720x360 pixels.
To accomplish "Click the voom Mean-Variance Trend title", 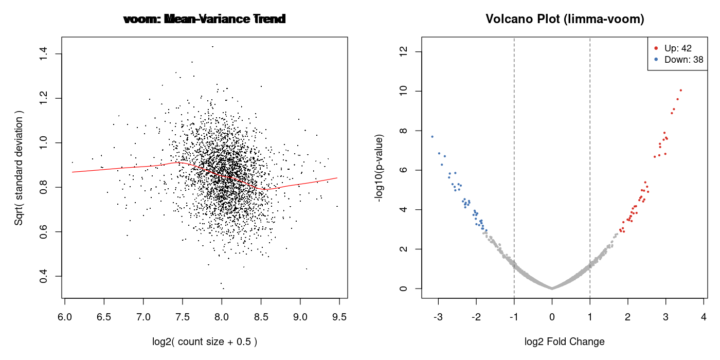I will [205, 20].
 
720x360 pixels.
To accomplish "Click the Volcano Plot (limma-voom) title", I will [565, 20].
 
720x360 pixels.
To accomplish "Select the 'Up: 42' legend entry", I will [678, 48].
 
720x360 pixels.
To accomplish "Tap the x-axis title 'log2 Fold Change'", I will [564, 341].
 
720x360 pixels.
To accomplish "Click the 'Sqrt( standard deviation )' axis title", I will [19, 167].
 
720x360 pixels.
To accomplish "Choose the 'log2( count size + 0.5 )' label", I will [205, 341].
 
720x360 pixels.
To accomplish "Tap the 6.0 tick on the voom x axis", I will [64, 315].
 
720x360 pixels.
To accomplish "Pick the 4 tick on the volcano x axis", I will [704, 315].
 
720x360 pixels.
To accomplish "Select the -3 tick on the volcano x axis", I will [438, 315].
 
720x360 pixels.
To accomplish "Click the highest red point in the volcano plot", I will [680, 91].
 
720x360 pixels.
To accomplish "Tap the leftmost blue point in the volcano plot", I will [432, 136].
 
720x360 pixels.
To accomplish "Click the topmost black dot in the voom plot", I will [212, 46].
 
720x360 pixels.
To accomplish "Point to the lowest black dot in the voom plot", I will [223, 289].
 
